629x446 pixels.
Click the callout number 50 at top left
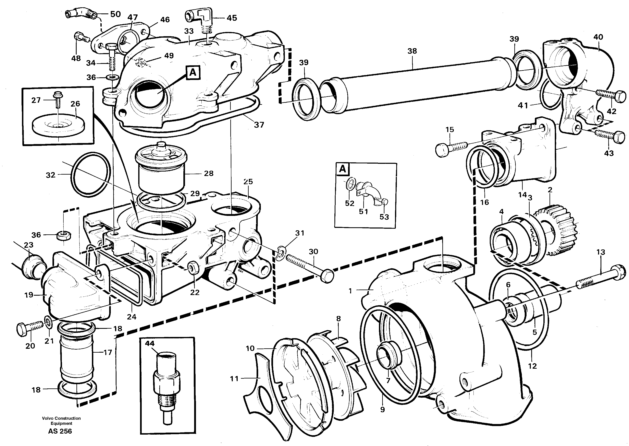(x=115, y=14)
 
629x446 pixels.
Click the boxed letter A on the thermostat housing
(x=193, y=72)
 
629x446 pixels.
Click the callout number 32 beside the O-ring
(x=50, y=175)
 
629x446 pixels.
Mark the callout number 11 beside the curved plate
(x=234, y=379)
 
